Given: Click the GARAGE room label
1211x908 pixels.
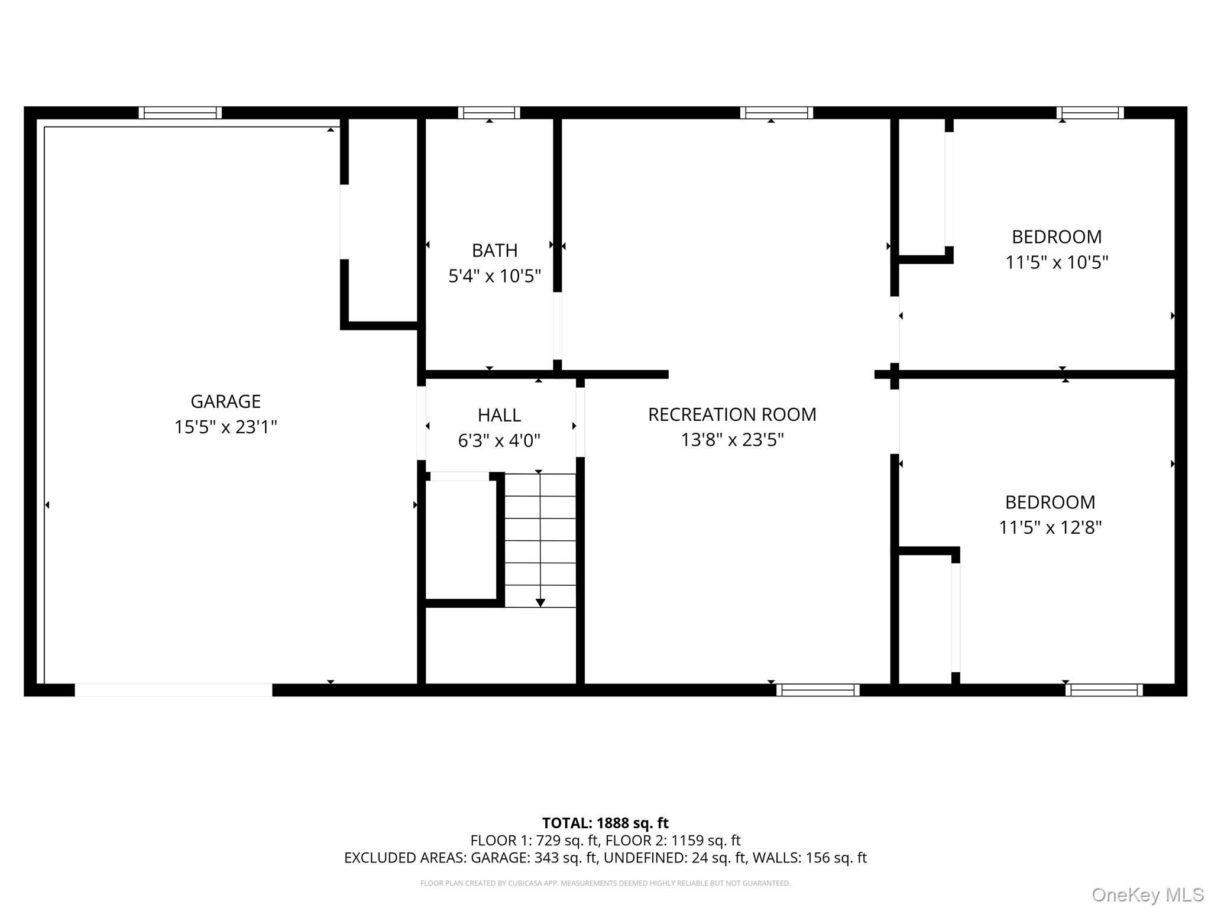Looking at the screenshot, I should (225, 401).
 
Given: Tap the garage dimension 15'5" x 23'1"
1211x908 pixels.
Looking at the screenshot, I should (225, 427).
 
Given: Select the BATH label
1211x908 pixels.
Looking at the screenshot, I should (494, 251).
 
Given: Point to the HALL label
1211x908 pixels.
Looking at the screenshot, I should (499, 415).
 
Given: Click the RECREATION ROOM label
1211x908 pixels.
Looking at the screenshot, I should (732, 414).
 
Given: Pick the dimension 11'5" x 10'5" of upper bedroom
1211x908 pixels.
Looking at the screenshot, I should (1057, 262).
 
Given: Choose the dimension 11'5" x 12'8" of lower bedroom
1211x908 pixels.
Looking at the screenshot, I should (1050, 527).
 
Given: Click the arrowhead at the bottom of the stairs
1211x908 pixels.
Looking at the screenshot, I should (540, 602).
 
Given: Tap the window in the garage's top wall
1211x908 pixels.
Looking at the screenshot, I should (180, 113).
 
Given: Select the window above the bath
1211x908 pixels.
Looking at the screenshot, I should (489, 113).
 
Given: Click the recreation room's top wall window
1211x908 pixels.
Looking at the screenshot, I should (776, 113).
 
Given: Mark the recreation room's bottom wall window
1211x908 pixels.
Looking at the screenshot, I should (818, 690).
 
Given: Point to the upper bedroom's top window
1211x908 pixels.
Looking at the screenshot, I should (1090, 113).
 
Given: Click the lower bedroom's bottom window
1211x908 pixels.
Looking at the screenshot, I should (1104, 690).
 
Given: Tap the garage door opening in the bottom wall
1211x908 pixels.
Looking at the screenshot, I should (173, 690).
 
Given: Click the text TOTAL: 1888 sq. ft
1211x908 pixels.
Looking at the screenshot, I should (605, 823).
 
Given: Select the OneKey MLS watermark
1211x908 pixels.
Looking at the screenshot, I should (1147, 895).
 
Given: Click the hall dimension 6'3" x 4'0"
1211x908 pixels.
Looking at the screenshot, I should (499, 440).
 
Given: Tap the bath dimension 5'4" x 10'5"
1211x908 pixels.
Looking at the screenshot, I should (494, 276).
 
